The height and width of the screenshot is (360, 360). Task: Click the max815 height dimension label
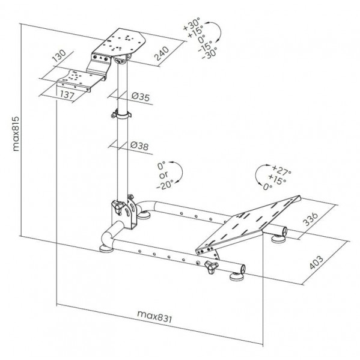[x=16, y=134]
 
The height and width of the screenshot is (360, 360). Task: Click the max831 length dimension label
[x=154, y=317]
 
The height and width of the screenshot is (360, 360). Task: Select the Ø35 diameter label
[x=141, y=97]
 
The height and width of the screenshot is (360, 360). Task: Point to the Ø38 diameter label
[x=139, y=146]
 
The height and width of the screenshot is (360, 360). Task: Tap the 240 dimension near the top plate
[x=162, y=53]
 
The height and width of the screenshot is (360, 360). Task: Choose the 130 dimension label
[x=59, y=56]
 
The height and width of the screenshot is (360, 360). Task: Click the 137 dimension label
[x=67, y=95]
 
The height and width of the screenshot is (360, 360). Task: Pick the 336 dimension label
[x=311, y=219]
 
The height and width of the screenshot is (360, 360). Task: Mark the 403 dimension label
[x=316, y=262]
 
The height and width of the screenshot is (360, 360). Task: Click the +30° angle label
[x=192, y=24]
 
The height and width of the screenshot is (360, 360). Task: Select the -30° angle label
[x=209, y=53]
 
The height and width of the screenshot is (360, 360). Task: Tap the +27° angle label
[x=282, y=170]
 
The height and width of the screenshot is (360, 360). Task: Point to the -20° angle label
[x=165, y=185]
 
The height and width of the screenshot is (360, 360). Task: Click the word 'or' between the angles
[x=163, y=175]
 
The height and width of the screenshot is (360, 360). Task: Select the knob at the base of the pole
[x=118, y=207]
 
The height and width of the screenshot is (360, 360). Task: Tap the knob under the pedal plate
[x=211, y=267]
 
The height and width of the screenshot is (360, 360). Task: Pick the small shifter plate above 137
[x=81, y=79]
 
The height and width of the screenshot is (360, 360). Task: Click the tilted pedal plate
[x=248, y=225]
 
